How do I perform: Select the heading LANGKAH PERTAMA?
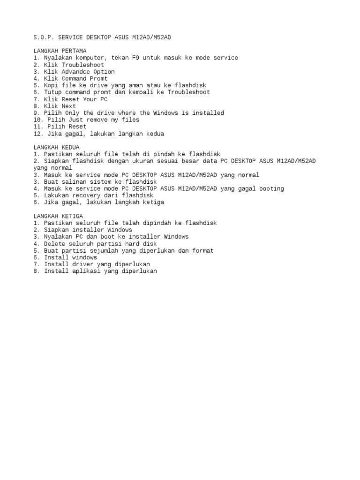tap(60, 51)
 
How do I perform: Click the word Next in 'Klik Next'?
tap(68, 106)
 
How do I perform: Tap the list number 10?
tap(38, 120)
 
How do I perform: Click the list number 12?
tap(38, 134)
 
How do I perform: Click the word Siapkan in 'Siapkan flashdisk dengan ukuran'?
tap(56, 161)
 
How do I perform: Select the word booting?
tap(270, 188)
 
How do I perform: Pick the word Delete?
tap(55, 244)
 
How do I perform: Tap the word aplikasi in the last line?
tap(87, 271)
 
